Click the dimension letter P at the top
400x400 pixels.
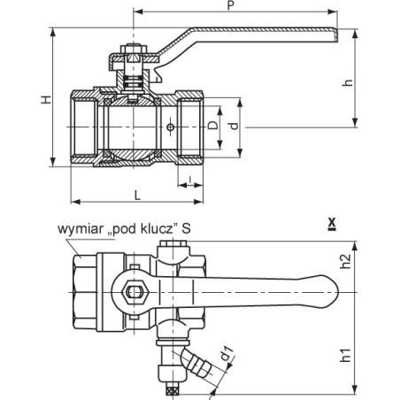(231, 5)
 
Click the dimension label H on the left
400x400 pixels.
(46, 99)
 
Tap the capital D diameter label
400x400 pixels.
(213, 125)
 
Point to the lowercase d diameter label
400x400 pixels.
(235, 126)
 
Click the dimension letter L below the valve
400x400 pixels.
(137, 195)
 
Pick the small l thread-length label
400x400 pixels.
(190, 179)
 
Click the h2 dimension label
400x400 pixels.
(346, 261)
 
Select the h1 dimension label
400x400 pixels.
(346, 355)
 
